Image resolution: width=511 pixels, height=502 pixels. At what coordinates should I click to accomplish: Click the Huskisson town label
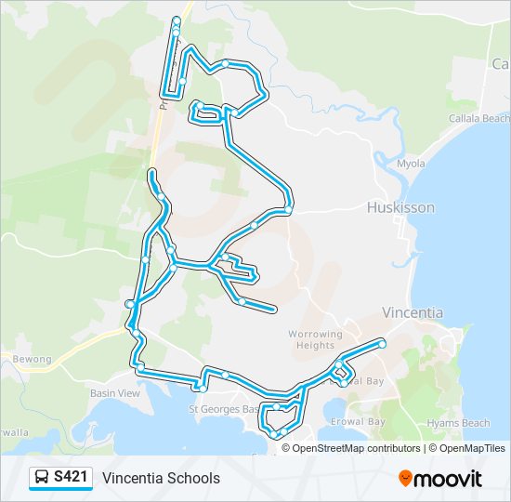coord(400,207)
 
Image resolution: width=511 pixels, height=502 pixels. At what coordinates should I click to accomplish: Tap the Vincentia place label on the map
coord(413,312)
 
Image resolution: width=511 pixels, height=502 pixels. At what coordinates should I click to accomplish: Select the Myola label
coord(411,164)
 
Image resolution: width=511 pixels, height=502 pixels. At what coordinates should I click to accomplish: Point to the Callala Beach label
coord(479,119)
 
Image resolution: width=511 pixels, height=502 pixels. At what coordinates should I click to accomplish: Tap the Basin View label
coord(115,393)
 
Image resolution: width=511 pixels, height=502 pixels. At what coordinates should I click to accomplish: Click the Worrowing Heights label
coord(315,339)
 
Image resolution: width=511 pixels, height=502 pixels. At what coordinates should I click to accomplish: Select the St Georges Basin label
coord(224,409)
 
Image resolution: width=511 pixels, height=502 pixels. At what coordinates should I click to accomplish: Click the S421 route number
coord(72,478)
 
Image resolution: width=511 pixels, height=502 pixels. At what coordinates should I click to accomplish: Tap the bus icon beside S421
coord(42,478)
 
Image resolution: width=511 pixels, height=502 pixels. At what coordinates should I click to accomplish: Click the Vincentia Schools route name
coord(162,478)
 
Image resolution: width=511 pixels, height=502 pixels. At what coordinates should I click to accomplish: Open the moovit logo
coord(440,479)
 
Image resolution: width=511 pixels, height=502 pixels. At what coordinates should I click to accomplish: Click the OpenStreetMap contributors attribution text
coord(356,448)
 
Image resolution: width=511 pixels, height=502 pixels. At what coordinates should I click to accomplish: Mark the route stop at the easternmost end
coord(382,344)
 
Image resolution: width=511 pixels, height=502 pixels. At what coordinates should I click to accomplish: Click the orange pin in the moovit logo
coord(406,479)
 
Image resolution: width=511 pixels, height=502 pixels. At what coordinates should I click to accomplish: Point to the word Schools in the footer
coord(194,478)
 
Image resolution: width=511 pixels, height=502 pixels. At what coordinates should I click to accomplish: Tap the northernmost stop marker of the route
coord(177,19)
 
